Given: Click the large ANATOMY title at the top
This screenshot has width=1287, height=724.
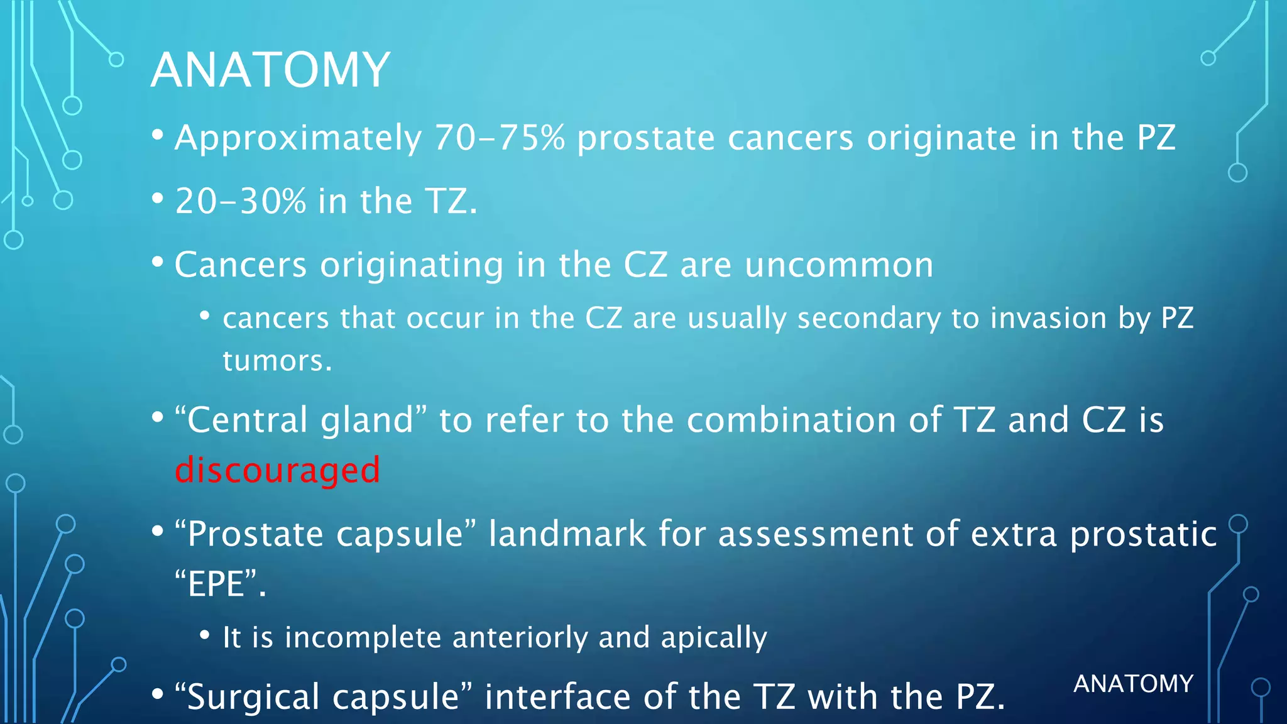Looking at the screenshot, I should (270, 70).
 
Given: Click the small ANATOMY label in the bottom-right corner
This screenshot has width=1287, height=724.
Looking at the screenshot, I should (1133, 684).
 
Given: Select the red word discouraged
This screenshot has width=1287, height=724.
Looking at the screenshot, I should (277, 470).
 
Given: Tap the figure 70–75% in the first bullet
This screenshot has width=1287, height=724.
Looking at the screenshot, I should (500, 138).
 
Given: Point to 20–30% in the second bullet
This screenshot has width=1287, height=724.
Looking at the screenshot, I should (240, 201).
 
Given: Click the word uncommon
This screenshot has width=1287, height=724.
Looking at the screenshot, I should (839, 265).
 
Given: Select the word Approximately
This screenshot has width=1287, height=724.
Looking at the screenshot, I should (298, 139).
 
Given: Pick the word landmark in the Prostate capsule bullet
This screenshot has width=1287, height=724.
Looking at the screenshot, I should (567, 534).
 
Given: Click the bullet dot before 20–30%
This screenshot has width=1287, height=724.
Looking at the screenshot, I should (158, 199).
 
